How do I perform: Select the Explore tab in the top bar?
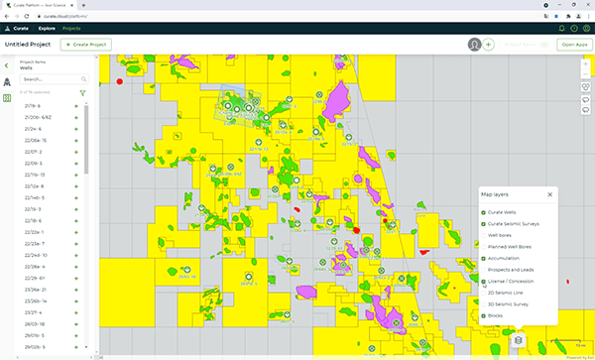47,28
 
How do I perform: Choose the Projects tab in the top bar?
71,28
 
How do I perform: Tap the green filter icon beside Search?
82,92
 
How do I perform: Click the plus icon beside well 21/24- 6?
76,128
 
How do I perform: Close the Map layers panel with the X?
549,194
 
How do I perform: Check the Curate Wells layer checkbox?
483,212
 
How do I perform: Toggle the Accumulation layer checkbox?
483,258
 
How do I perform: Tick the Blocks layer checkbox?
483,315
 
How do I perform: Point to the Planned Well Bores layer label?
511,247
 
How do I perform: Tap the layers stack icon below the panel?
517,340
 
